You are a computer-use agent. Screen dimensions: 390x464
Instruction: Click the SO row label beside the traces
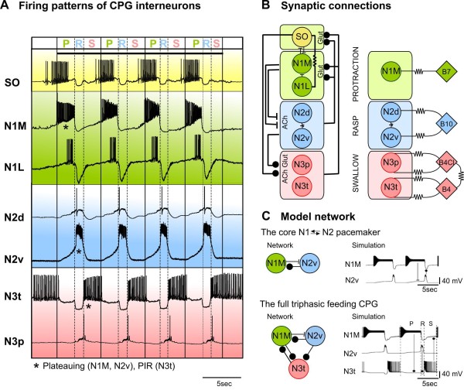tap(12, 80)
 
